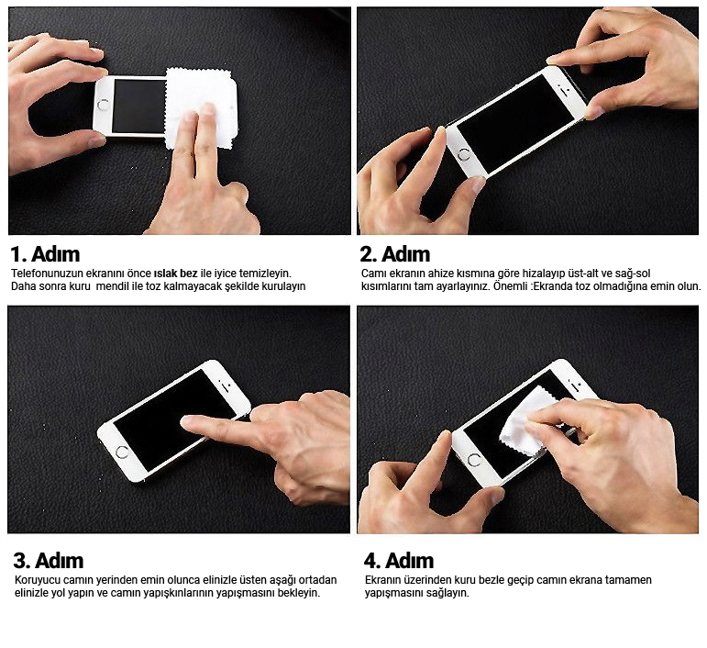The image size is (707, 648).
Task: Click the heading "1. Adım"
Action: (45, 254)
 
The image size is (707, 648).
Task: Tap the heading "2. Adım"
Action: (395, 254)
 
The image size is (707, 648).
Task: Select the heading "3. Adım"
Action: (49, 561)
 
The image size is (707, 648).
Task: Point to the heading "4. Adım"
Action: (399, 561)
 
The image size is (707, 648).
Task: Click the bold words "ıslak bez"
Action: (175, 273)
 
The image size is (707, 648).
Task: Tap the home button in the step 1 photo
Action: (104, 105)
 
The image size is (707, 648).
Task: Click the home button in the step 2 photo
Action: (463, 156)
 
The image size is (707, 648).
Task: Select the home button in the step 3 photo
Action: (122, 452)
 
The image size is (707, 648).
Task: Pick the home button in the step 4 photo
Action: (474, 461)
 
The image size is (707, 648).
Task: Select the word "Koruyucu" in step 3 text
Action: (38, 580)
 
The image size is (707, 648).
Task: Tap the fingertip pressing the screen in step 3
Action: (186, 421)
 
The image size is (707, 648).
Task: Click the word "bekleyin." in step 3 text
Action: (299, 593)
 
